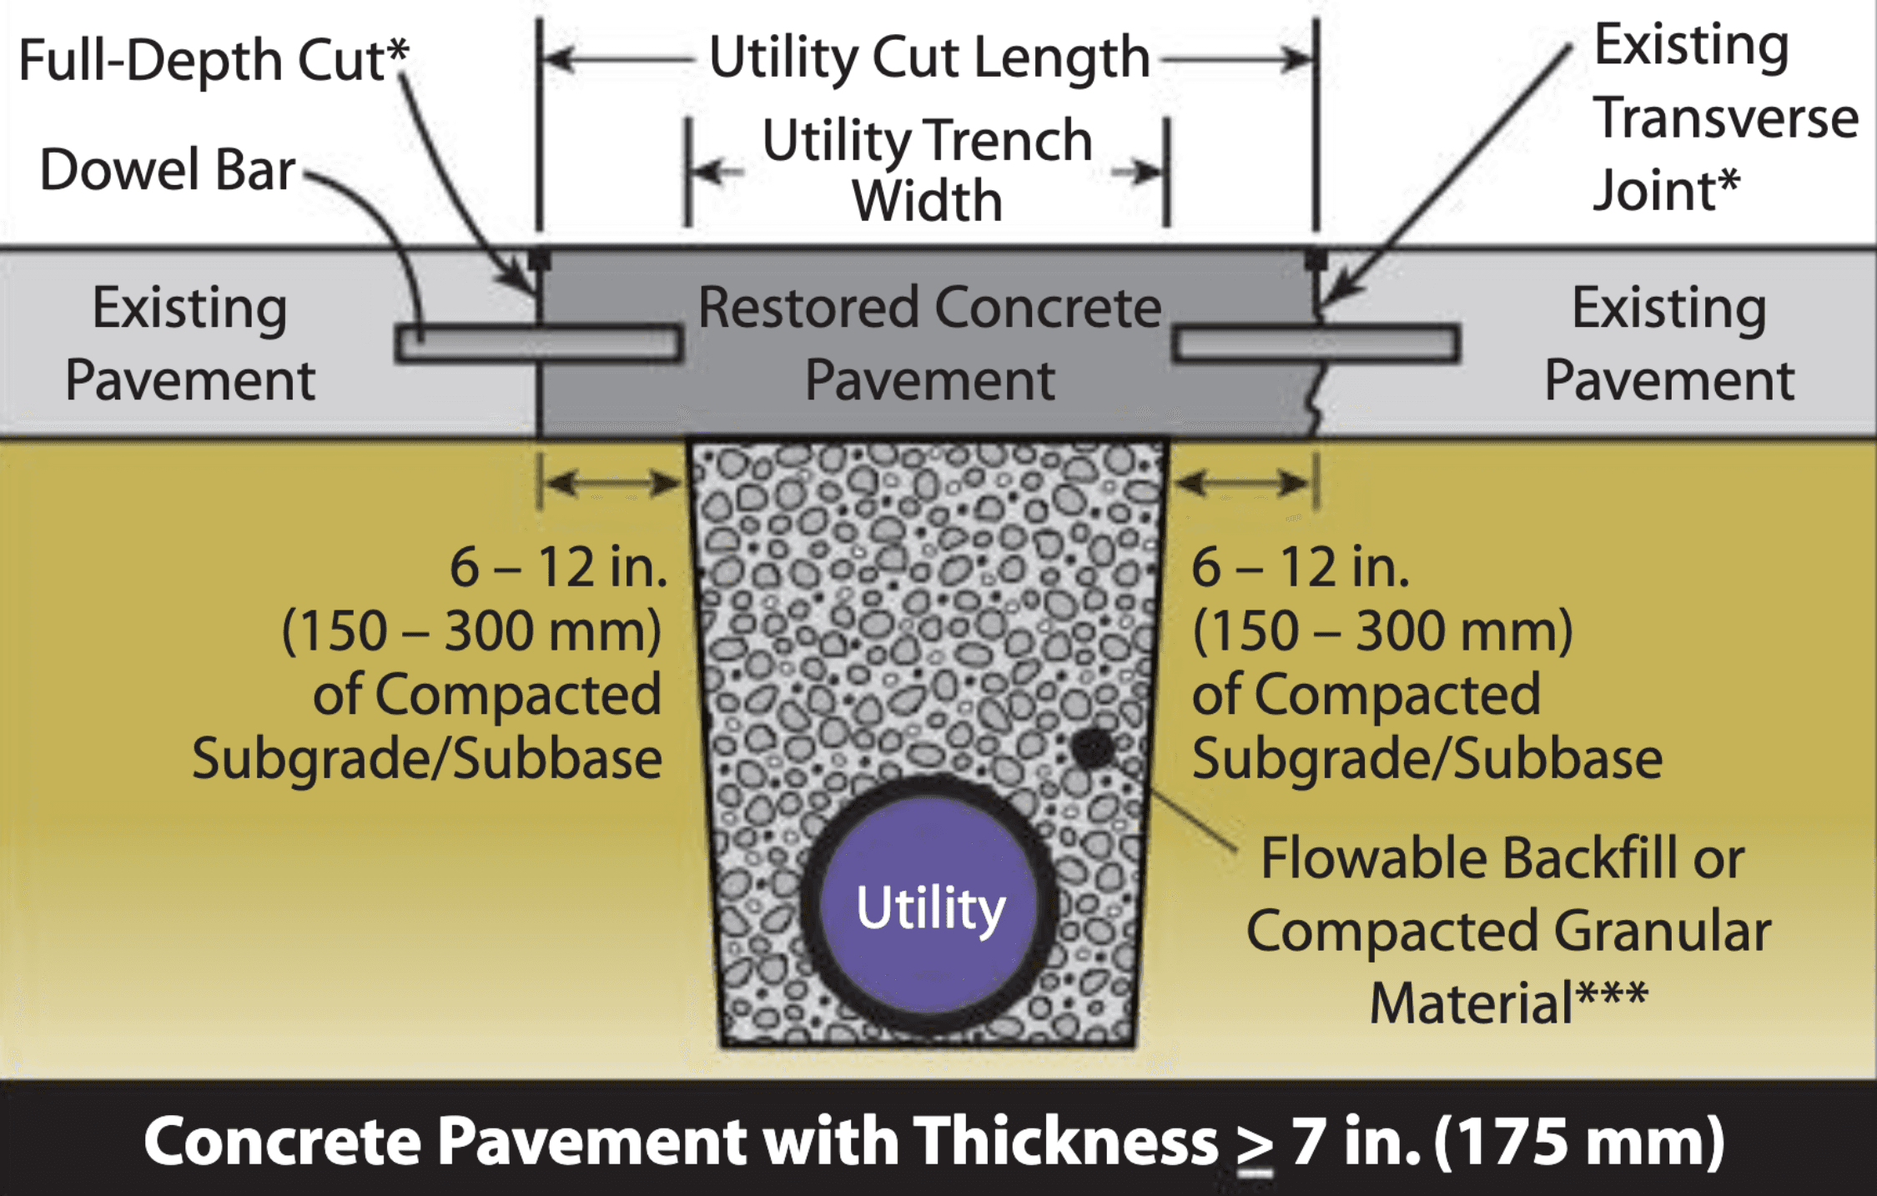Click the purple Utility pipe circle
(x=928, y=907)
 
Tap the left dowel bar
(x=539, y=344)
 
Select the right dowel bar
(x=1316, y=344)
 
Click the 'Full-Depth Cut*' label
(x=213, y=60)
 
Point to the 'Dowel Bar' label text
(x=167, y=170)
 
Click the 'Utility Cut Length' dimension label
(x=928, y=58)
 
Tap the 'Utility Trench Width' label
(x=927, y=170)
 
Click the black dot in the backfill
(x=1092, y=747)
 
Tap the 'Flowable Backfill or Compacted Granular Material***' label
(x=1507, y=930)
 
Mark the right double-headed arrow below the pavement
(x=1243, y=482)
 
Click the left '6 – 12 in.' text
(x=558, y=567)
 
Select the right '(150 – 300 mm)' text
(x=1382, y=631)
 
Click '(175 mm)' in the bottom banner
(x=1579, y=1141)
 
